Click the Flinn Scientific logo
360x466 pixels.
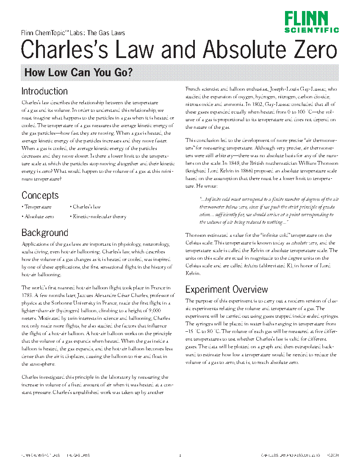(x=311, y=22)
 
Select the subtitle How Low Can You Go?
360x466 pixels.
(x=79, y=72)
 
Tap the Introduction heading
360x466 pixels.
(x=44, y=91)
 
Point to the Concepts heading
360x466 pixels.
(x=40, y=195)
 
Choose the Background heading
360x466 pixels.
(x=44, y=233)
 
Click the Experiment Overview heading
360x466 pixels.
(x=227, y=289)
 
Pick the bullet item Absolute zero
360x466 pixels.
(x=39, y=216)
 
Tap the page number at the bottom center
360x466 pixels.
(x=180, y=456)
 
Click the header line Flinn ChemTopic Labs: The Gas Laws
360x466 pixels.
(x=73, y=33)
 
